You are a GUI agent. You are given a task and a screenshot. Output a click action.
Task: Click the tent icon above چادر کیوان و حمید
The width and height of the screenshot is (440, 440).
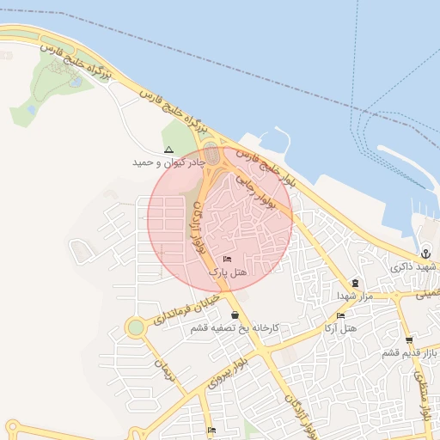click(168, 150)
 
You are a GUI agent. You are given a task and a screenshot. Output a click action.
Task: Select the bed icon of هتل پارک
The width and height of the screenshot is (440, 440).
click(227, 259)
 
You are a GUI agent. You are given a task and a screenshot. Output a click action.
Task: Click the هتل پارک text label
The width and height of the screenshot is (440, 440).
click(227, 271)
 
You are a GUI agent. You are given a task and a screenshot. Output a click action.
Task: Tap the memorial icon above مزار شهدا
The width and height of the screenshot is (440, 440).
click(355, 283)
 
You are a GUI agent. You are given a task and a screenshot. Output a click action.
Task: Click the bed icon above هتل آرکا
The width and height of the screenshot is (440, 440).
click(340, 315)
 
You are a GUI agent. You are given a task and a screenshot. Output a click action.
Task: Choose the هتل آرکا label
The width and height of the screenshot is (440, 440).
click(341, 328)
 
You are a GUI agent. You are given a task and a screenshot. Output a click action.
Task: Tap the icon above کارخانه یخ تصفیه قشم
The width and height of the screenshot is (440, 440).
click(235, 315)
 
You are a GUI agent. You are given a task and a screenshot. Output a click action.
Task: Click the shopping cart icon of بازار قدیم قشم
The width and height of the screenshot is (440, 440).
click(409, 340)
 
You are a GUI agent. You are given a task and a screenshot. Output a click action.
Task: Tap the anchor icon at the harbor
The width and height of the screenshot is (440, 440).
click(425, 254)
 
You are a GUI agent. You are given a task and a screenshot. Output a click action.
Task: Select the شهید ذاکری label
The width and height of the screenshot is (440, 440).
click(414, 267)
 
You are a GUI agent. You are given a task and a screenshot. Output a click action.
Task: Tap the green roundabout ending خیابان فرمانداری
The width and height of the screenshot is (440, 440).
click(135, 327)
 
